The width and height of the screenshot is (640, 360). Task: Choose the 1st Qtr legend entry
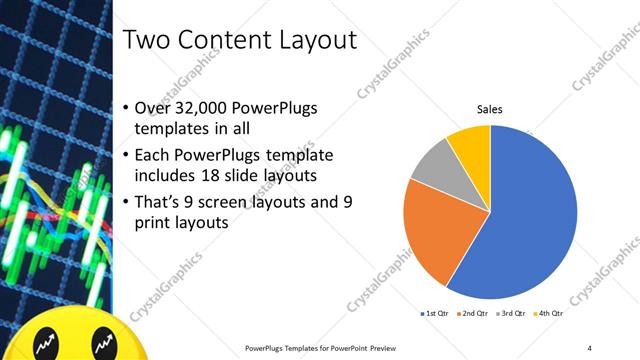pyautogui.click(x=435, y=314)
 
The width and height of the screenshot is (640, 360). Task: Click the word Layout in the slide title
pyautogui.click(x=312, y=41)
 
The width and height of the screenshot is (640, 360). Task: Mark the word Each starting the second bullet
pyautogui.click(x=152, y=157)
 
